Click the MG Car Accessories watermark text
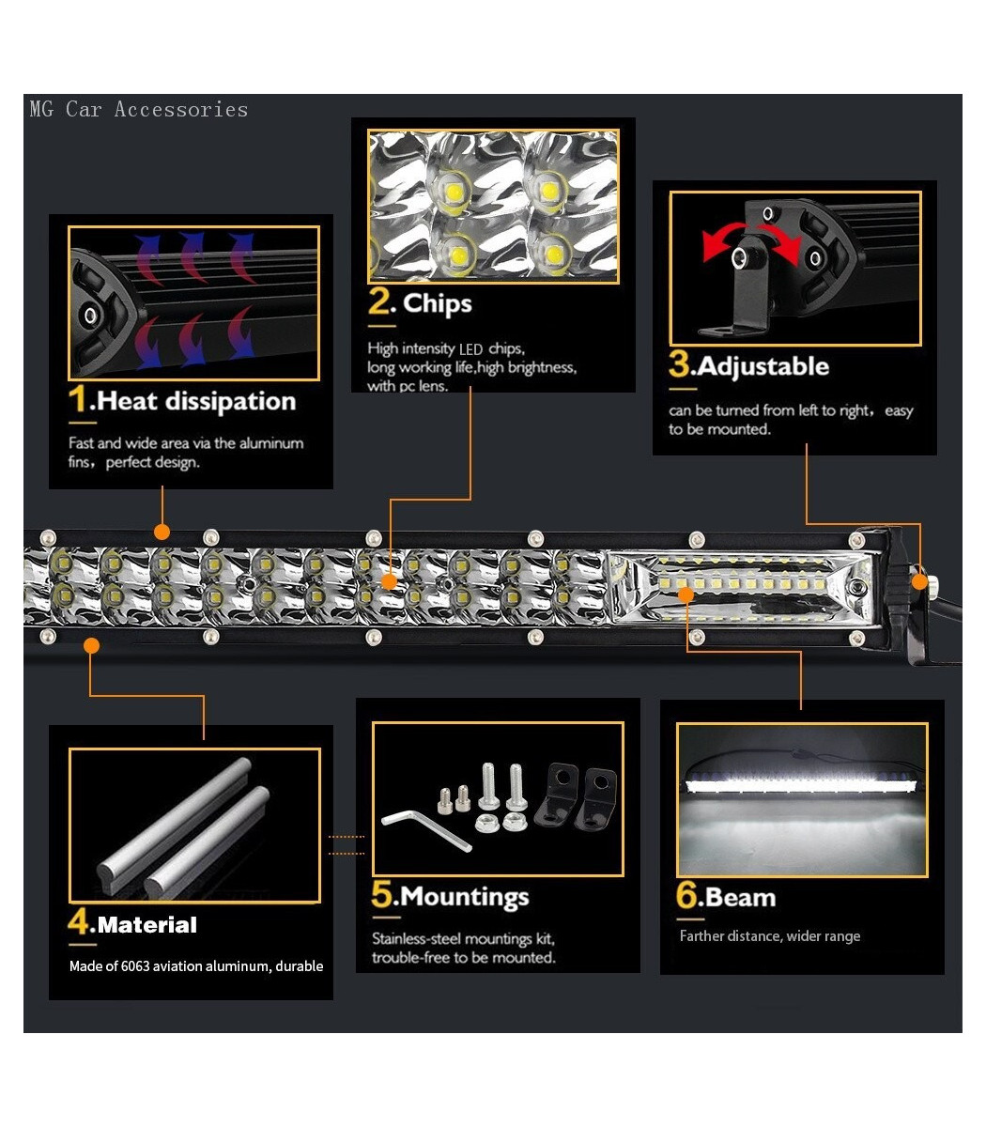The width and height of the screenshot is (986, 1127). pyautogui.click(x=139, y=109)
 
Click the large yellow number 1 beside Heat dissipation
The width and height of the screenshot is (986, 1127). pyautogui.click(x=78, y=398)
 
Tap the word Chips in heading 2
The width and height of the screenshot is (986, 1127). pyautogui.click(x=437, y=303)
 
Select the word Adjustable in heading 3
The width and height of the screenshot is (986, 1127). pyautogui.click(x=763, y=366)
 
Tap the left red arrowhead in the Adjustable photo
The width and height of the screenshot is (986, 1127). pyautogui.click(x=711, y=246)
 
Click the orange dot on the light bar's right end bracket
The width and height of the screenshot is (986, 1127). pyautogui.click(x=920, y=581)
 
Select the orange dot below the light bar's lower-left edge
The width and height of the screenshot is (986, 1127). pyautogui.click(x=92, y=645)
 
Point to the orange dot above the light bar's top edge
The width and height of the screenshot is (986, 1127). pyautogui.click(x=162, y=532)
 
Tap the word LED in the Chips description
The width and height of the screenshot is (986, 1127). pyautogui.click(x=470, y=349)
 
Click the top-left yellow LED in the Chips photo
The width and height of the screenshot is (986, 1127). pyautogui.click(x=454, y=192)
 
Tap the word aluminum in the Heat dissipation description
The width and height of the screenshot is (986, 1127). pyautogui.click(x=270, y=443)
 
